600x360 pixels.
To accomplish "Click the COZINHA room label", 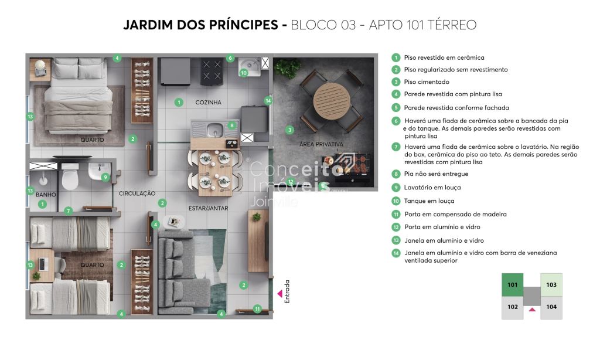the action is tap(208, 102).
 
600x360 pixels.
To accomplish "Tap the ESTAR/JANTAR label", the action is tap(208, 208).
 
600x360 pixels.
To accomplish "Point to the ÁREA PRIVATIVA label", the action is tap(321, 144).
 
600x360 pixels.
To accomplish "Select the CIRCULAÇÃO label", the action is tap(137, 193).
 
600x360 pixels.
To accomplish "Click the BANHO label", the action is tap(46, 195).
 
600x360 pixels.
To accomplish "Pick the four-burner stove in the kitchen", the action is tap(212, 71).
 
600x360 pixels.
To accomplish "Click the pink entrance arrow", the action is tap(279, 294).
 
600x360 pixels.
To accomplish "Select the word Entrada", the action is tap(287, 292).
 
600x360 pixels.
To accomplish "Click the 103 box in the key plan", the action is tap(551, 284).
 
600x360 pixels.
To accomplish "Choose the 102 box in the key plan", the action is tap(513, 307).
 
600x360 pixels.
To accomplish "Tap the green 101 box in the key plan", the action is tap(513, 284).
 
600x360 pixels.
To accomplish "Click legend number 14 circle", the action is tap(396, 253).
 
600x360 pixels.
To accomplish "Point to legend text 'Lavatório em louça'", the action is tap(432, 187).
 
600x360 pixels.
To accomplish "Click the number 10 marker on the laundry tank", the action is tap(244, 73).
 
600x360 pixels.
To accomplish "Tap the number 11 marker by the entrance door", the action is tap(257, 309).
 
